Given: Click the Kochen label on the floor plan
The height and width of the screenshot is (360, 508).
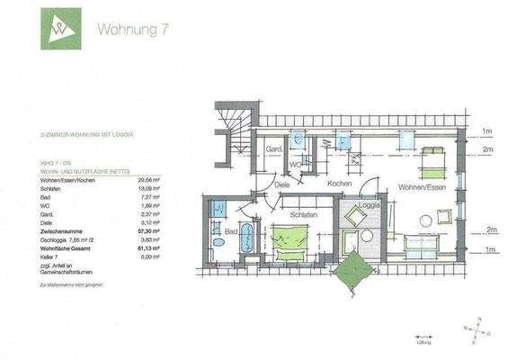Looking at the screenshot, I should [339, 183].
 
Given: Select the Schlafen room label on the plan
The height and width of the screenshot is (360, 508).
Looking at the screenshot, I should [304, 216].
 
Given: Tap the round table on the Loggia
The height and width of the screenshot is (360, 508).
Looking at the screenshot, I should [366, 236].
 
